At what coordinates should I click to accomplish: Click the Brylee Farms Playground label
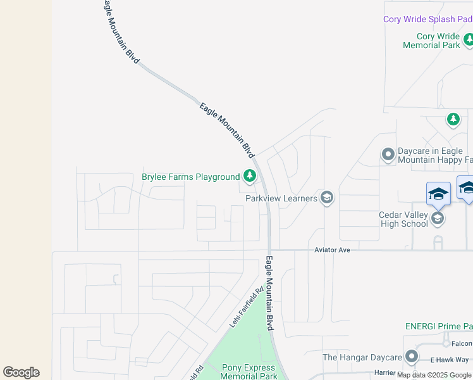[190, 177]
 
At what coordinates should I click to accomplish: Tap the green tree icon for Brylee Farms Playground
[250, 176]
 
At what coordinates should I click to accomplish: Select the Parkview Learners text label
[281, 198]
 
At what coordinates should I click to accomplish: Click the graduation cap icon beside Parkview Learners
[327, 198]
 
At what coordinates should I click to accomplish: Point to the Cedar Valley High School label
[403, 219]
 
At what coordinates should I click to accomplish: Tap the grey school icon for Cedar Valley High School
[436, 219]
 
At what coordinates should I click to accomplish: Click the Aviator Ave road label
[332, 250]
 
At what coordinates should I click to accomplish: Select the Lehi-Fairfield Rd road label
[246, 308]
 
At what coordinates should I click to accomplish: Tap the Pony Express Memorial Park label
[249, 372]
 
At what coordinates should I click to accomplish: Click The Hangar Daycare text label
[362, 357]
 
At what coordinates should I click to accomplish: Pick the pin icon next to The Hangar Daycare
[412, 357]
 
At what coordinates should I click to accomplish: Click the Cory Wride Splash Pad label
[427, 20]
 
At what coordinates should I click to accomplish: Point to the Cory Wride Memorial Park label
[432, 41]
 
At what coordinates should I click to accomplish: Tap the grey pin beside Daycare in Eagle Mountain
[388, 155]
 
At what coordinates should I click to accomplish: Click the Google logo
[21, 372]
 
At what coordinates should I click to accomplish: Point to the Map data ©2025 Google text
[434, 375]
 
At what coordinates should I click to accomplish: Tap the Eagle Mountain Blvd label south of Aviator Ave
[269, 293]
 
